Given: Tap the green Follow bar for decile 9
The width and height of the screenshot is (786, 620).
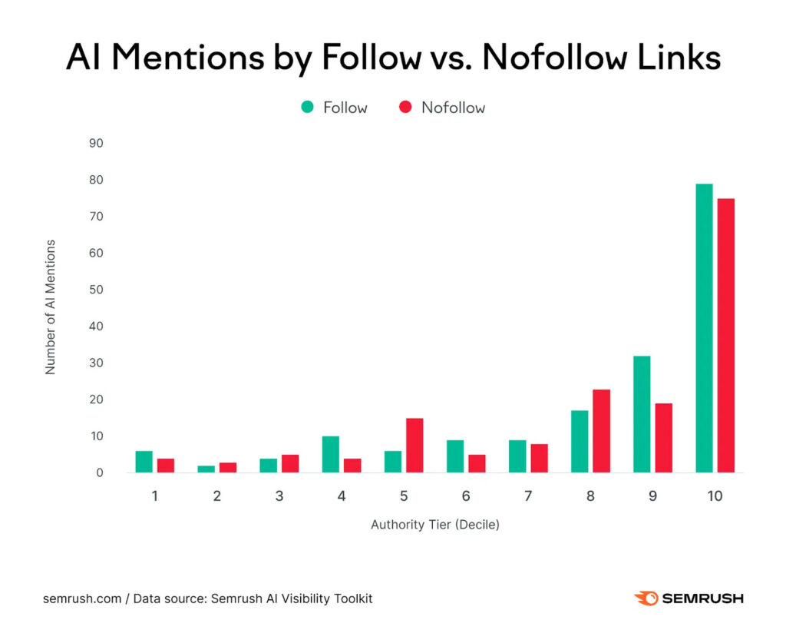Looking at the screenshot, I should coord(642,414).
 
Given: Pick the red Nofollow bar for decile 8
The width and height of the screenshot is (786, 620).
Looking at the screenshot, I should coord(601,431).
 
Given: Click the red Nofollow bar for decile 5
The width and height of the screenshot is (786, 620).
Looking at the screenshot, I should coord(414,446).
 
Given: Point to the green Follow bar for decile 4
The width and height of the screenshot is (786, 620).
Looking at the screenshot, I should coord(331,454).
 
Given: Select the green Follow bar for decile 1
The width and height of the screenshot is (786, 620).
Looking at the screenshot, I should coord(144,462).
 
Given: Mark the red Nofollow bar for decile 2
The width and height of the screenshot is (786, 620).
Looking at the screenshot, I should coord(228,467).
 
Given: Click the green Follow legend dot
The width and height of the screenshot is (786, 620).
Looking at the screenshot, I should coord(307,108).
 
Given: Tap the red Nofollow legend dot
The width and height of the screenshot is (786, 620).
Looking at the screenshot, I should coord(405,108).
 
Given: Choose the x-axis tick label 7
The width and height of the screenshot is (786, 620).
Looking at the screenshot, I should coord(528,496).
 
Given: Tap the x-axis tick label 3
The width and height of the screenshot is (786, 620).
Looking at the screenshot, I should coord(279,496).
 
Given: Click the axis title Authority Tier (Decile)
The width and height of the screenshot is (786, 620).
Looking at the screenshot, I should coord(434,526).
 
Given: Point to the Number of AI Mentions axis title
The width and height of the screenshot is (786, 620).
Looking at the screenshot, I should coord(51,307).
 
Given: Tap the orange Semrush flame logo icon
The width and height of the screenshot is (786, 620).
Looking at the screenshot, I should coord(646,598).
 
